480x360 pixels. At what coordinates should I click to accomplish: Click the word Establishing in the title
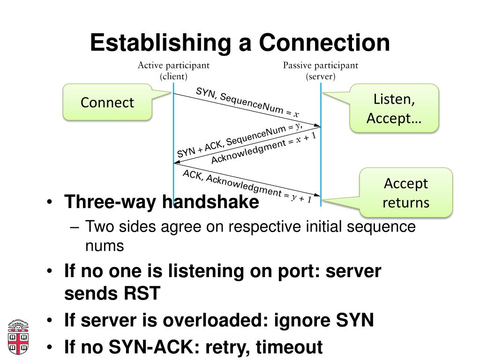160,43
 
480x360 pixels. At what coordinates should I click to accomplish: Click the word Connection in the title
324,43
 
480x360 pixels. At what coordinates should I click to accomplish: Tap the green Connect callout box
107,102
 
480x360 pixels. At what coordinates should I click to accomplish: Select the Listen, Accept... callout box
394,108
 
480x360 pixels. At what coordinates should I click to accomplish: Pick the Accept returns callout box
405,193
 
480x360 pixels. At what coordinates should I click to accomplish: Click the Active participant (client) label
173,71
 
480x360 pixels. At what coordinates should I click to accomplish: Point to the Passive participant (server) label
321,71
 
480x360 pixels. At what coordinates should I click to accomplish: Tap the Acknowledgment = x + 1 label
263,148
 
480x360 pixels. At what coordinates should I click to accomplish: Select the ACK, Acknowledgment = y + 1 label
247,187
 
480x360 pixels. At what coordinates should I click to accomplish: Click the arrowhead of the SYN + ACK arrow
177,163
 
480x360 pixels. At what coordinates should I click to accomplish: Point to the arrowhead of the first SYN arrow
317,125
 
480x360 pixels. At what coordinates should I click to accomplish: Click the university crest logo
18,337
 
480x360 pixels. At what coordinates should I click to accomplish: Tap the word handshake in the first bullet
210,202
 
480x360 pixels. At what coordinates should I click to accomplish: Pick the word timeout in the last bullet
289,347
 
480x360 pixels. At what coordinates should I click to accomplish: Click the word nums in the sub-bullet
105,246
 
